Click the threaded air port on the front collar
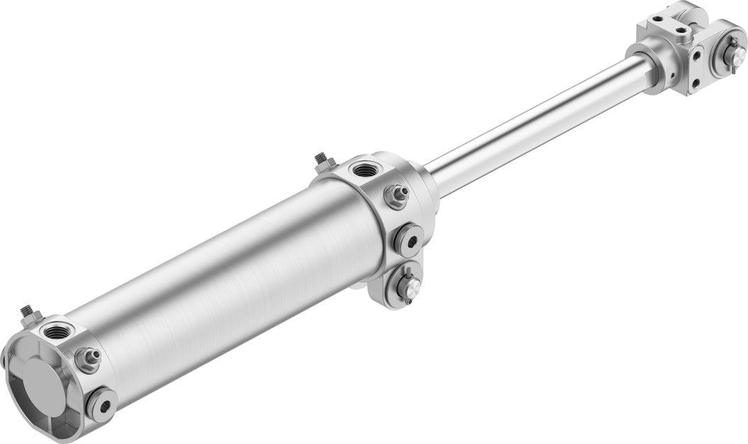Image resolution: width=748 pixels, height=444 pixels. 366,169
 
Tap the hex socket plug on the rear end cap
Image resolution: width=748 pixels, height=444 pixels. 103,405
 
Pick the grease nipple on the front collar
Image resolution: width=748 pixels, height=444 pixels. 397,195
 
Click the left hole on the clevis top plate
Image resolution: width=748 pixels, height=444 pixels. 658,19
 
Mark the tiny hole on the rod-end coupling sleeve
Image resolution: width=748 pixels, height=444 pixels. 669,73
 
